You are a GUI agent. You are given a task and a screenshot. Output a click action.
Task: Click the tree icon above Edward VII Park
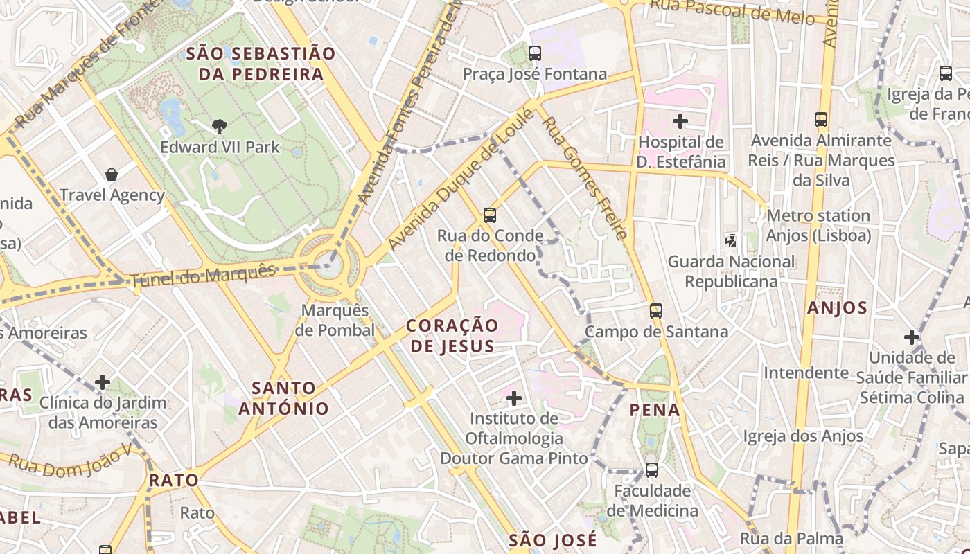220,126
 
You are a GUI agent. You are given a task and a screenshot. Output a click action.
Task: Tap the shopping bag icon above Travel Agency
112,175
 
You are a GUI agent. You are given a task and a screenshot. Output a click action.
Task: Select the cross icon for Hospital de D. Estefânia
680,121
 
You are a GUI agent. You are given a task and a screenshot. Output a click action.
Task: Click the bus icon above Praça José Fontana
534,53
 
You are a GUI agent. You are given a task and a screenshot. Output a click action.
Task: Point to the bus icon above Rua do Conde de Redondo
490,215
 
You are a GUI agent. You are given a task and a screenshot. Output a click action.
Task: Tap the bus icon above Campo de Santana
656,311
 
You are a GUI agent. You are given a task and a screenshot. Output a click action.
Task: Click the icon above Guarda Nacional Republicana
730,241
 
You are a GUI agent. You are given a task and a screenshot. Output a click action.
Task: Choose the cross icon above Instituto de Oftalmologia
514,398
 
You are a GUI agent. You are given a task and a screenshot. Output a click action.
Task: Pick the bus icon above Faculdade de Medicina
652,470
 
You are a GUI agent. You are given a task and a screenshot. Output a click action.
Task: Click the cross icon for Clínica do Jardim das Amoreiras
103,382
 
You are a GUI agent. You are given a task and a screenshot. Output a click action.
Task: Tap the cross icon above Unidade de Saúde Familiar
912,337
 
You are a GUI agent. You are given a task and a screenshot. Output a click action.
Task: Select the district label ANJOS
837,308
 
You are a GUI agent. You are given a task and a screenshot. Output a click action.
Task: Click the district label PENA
655,410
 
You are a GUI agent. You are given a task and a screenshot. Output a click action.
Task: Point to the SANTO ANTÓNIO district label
284,398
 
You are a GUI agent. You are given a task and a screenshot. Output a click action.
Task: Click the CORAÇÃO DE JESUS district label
452,336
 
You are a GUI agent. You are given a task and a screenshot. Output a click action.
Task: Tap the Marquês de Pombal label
335,321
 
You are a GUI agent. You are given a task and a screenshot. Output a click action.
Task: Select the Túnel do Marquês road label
202,276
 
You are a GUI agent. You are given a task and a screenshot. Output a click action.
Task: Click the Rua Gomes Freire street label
585,177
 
